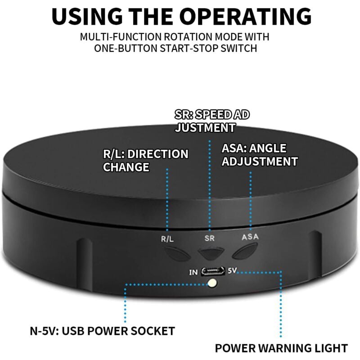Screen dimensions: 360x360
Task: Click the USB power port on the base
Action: coord(213,271)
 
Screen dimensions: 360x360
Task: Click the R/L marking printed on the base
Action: coord(167,239)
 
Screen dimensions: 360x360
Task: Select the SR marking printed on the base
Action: coord(209,238)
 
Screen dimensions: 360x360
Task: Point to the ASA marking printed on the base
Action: coord(250,237)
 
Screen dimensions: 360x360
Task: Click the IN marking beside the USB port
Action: coord(193,272)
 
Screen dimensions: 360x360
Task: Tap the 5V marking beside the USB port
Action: coord(232,271)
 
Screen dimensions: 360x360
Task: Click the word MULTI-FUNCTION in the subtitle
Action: coord(121,37)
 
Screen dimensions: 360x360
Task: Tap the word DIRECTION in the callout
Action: coord(158,154)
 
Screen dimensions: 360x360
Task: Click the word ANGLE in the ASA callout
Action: coord(268,148)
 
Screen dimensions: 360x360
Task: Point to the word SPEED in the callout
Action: coord(213,115)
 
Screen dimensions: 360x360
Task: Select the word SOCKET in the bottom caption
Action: coord(153,331)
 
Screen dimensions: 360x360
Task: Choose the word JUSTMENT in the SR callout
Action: coord(205,128)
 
